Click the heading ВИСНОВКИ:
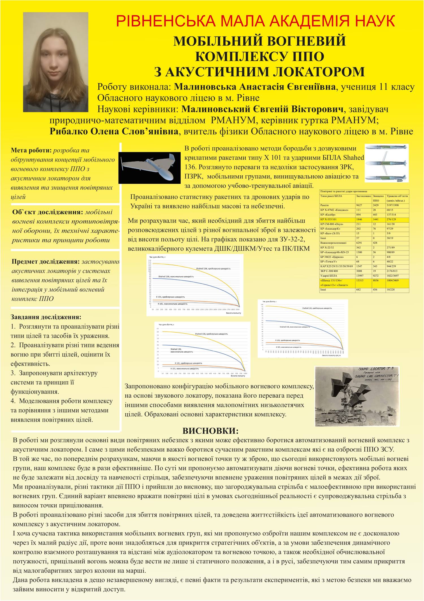(x=211, y=431)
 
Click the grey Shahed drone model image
(x=149, y=168)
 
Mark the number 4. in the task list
(x=14, y=401)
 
